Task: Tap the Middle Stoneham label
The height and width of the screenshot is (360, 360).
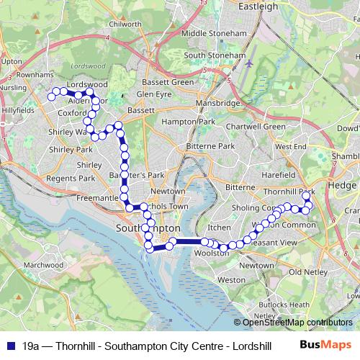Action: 213,33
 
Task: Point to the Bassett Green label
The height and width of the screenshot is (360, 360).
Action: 168,83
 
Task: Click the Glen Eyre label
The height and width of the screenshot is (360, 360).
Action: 154,94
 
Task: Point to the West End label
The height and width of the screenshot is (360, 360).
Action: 291,146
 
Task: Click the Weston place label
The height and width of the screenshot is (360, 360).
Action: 231,279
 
